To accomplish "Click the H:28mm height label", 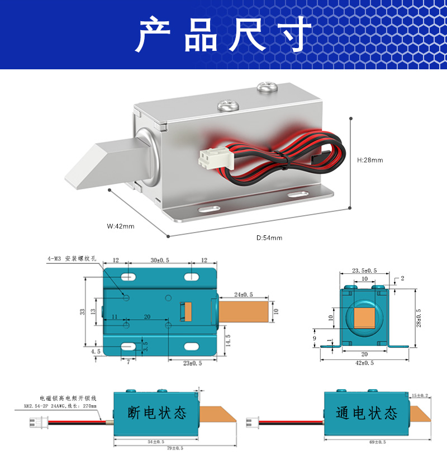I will [x=370, y=160].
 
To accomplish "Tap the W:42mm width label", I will [x=121, y=226].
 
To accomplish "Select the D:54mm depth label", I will [x=269, y=238].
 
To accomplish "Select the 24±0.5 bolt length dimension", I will [x=243, y=294].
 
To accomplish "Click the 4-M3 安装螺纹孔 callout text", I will [x=73, y=259].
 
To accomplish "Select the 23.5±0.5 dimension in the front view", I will [x=364, y=271].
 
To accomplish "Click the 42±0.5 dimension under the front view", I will [x=364, y=363].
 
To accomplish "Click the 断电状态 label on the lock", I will [x=157, y=413].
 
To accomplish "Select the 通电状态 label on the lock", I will [x=367, y=413].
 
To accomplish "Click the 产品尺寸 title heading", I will [x=224, y=35].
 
